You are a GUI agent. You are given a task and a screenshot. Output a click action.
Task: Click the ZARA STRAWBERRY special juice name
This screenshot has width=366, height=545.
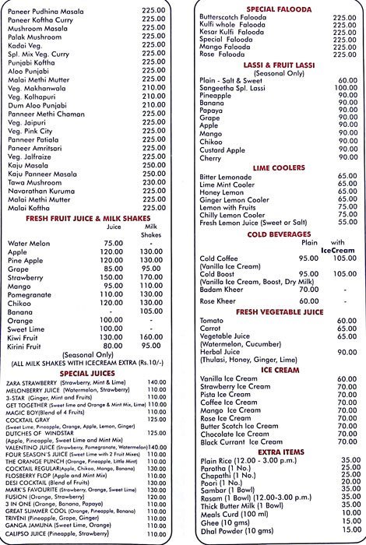pyautogui.click(x=40, y=381)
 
